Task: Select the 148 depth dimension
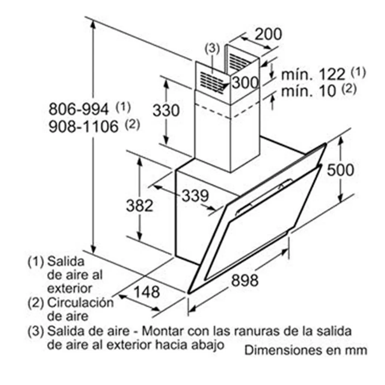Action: tap(147, 292)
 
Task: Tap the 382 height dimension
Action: tap(139, 206)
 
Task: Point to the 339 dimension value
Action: tap(195, 196)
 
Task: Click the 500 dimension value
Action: tap(340, 170)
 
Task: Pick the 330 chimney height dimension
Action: tap(166, 110)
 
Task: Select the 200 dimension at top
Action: tap(268, 34)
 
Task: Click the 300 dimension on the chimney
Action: tap(245, 82)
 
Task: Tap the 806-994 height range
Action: tap(79, 109)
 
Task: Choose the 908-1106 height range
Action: tap(83, 126)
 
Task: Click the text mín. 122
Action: tap(313, 74)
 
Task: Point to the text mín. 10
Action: tap(308, 91)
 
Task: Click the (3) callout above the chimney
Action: tap(212, 49)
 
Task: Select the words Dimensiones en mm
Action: tap(305, 350)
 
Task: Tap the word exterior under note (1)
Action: tap(69, 288)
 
